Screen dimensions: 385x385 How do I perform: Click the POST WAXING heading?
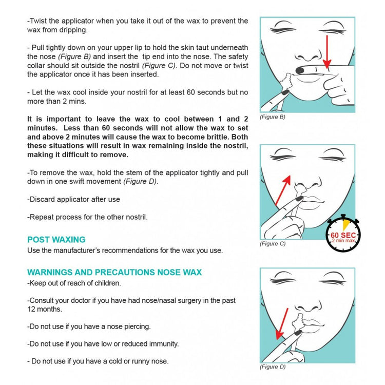[56, 240]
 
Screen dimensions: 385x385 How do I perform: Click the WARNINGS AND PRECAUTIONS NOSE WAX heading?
[114, 273]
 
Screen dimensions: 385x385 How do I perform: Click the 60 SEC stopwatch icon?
[344, 236]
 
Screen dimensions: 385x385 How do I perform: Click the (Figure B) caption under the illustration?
[273, 117]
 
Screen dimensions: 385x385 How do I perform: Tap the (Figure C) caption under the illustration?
[273, 244]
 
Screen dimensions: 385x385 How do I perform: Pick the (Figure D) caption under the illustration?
[273, 367]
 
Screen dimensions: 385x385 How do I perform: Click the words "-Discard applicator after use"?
[73, 199]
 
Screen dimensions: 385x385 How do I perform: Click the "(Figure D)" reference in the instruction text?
[140, 182]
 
